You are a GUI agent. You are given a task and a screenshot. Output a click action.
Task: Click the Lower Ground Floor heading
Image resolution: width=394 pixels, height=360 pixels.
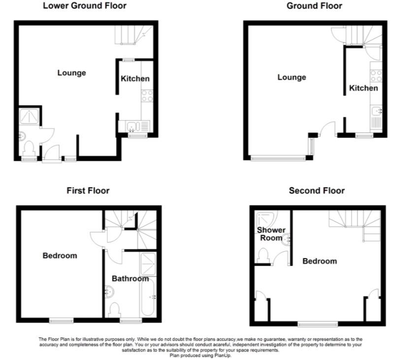click(x=85, y=6)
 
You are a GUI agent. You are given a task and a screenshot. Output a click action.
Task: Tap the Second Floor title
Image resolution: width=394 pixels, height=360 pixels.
click(x=317, y=191)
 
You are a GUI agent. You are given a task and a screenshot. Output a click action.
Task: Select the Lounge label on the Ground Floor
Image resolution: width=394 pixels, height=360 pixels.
click(x=292, y=77)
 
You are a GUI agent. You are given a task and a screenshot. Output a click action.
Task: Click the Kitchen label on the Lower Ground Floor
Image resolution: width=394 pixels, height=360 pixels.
click(x=135, y=79)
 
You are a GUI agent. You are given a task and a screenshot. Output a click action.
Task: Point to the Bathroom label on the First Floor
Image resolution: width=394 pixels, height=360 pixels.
click(x=130, y=279)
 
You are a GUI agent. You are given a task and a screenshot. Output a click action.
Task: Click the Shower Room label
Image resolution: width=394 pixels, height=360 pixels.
click(x=271, y=234)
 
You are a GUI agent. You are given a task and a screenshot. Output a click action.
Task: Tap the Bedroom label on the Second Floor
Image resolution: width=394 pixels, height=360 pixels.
click(x=320, y=262)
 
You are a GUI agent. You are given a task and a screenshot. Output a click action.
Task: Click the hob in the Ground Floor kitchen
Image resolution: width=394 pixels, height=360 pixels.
click(x=376, y=76)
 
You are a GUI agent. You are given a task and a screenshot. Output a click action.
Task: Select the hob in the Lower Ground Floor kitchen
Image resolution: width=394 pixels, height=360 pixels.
click(x=147, y=96)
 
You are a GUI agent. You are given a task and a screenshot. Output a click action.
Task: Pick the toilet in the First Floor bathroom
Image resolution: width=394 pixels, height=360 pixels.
click(x=115, y=311)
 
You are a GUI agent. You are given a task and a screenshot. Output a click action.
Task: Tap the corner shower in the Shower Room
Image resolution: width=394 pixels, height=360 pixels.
click(x=266, y=219)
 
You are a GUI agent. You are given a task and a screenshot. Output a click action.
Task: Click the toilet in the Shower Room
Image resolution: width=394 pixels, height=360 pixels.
click(x=263, y=256)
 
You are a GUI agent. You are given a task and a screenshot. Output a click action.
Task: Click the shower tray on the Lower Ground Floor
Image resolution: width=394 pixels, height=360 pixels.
click(x=30, y=116)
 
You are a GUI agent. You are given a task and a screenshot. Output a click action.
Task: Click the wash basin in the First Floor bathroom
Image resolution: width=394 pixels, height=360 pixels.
click(x=109, y=292)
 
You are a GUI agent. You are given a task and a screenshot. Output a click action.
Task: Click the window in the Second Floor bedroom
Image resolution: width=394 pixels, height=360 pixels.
click(x=318, y=324)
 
